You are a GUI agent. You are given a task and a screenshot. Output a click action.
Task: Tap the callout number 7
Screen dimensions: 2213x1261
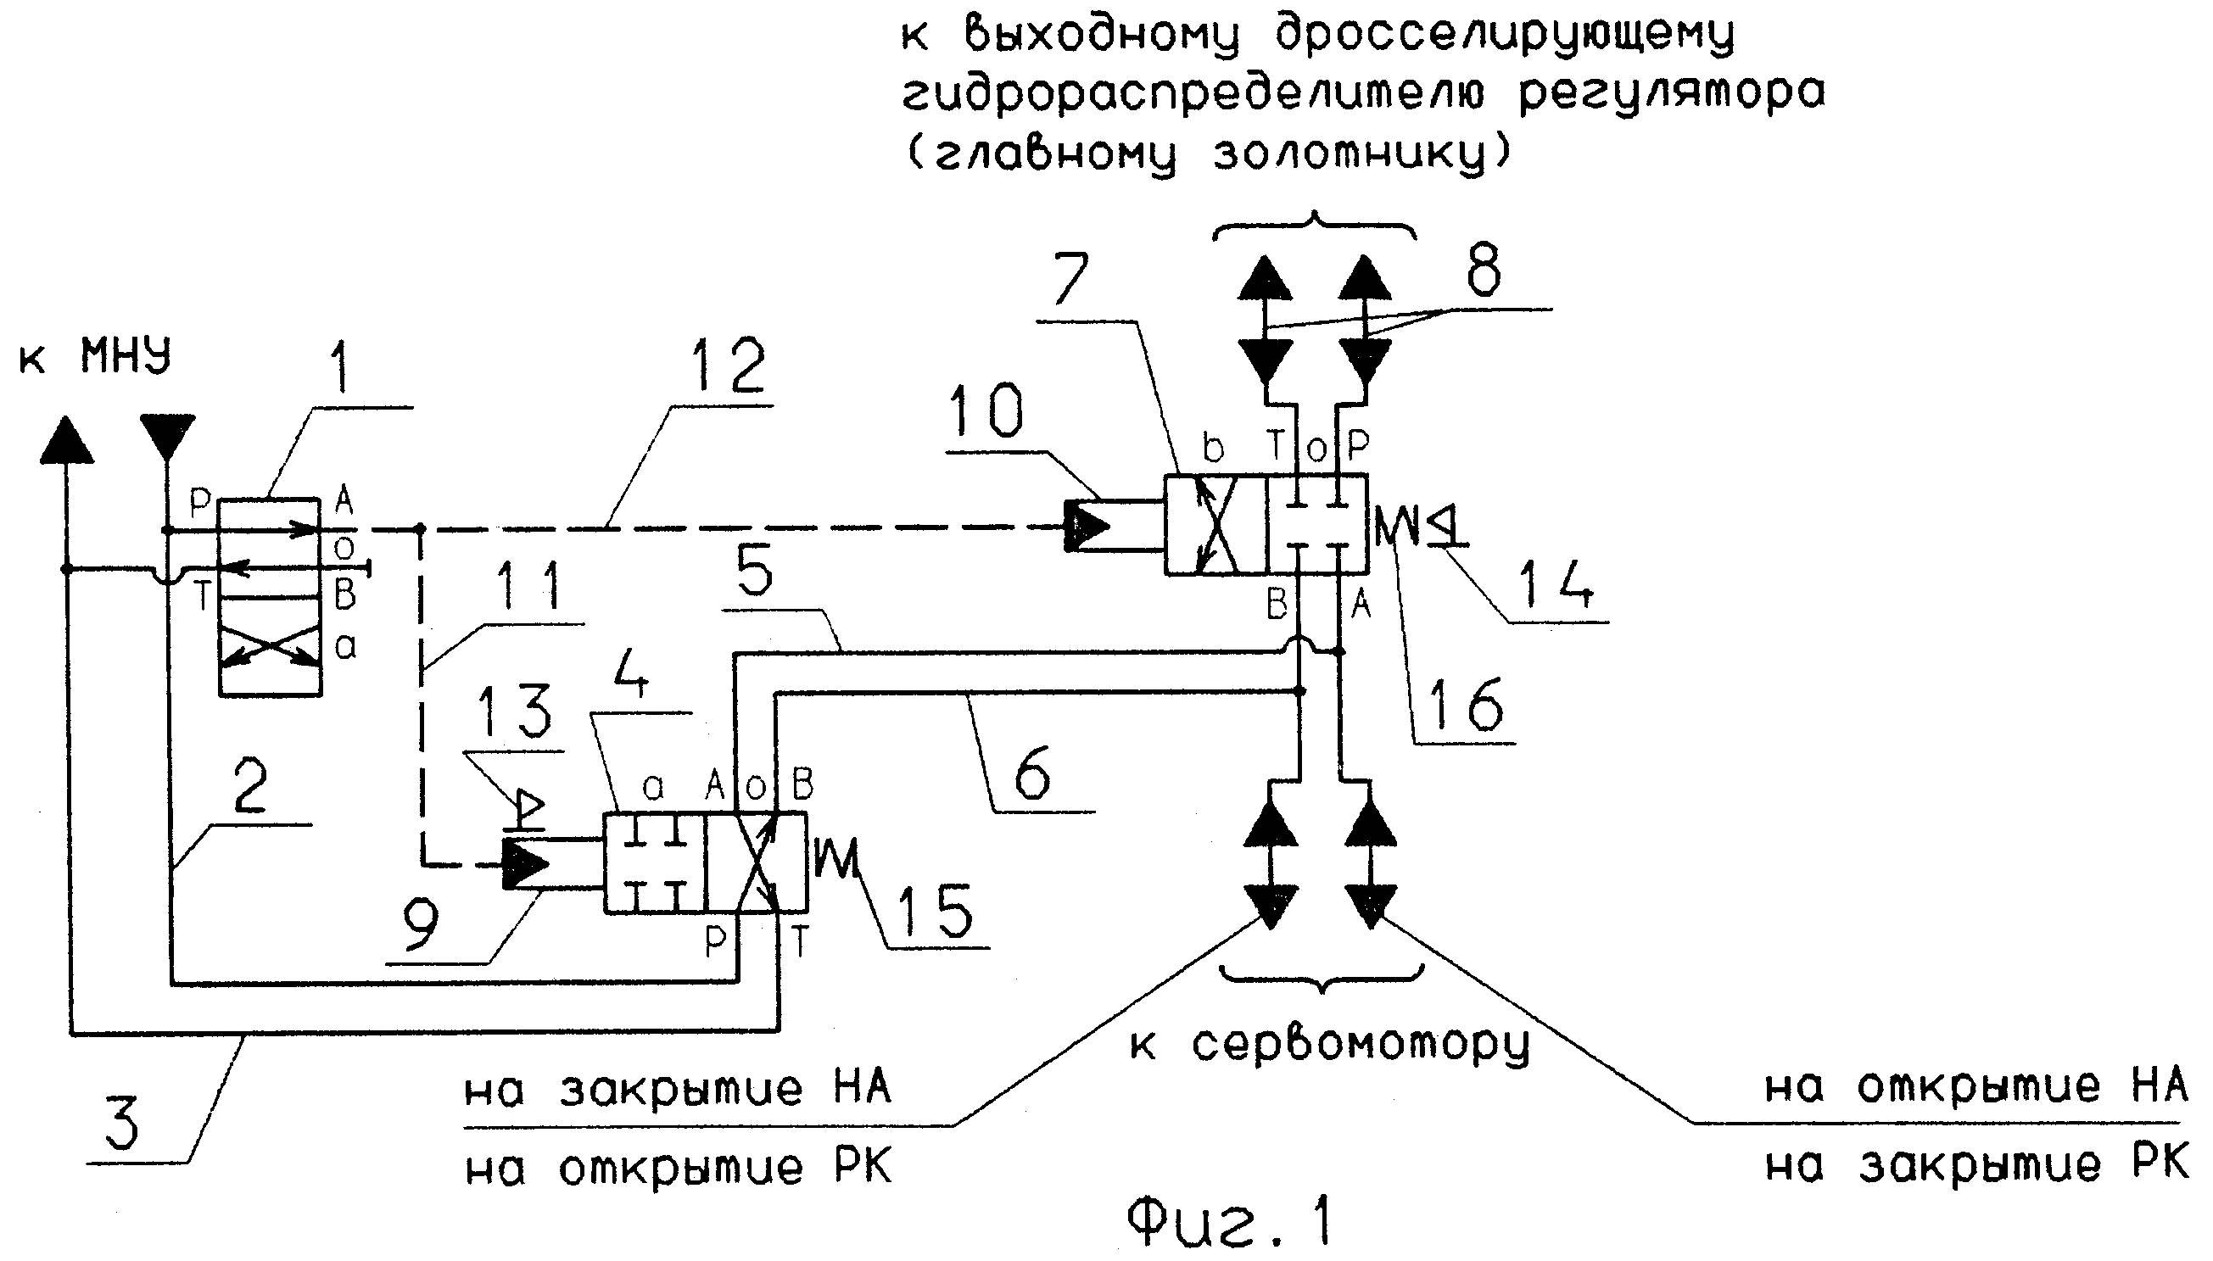(1071, 282)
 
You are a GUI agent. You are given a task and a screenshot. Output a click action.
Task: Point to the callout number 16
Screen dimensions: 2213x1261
(1464, 703)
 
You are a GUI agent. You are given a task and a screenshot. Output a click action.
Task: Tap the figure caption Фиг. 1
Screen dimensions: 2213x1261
(1230, 1222)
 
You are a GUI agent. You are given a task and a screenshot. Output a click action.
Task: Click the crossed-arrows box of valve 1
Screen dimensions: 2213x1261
(271, 647)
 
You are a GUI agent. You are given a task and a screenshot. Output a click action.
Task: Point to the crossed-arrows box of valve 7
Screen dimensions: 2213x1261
(1215, 525)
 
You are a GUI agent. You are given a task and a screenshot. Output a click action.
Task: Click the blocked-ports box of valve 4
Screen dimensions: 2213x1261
(656, 862)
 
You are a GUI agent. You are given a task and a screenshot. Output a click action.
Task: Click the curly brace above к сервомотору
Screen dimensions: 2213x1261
(1320, 979)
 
